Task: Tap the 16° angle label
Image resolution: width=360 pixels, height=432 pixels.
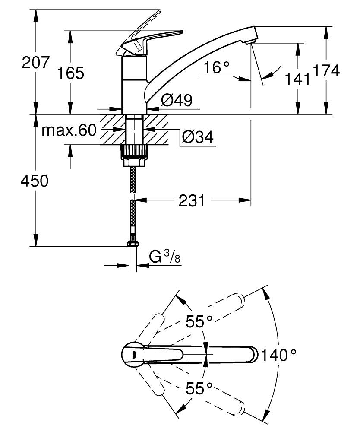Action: (217, 67)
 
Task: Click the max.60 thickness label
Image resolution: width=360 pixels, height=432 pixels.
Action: (69, 130)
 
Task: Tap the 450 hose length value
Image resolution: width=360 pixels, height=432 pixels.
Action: (35, 181)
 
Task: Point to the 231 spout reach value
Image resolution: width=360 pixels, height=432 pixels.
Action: (192, 200)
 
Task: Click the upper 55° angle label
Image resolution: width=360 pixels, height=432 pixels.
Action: (199, 321)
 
